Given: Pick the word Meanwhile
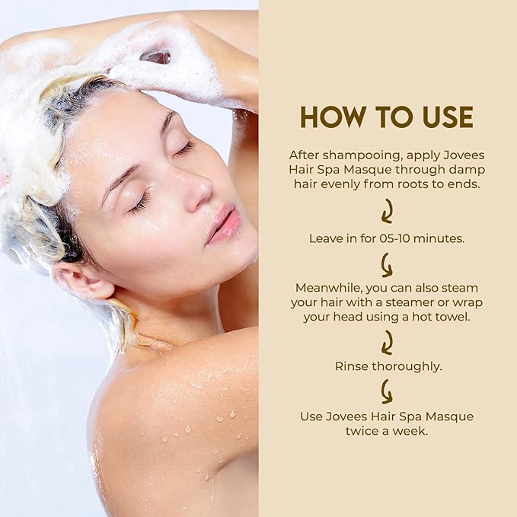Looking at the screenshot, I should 324,287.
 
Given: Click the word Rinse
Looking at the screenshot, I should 351,366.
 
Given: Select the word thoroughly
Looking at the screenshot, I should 407,366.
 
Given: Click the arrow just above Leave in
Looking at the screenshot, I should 387,211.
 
